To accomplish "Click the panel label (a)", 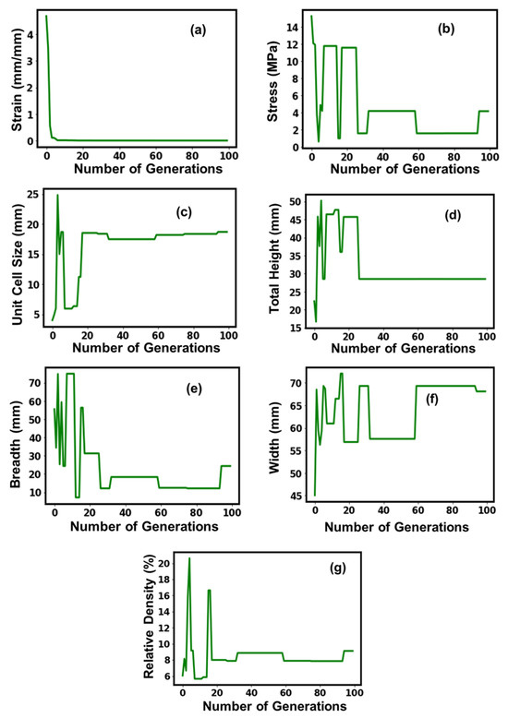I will pos(198,30).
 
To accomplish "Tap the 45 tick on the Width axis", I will pos(295,496).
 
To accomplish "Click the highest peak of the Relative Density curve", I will pos(189,558).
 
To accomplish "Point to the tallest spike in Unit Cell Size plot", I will pos(57,195).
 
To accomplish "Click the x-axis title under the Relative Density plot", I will pos(274,705).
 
